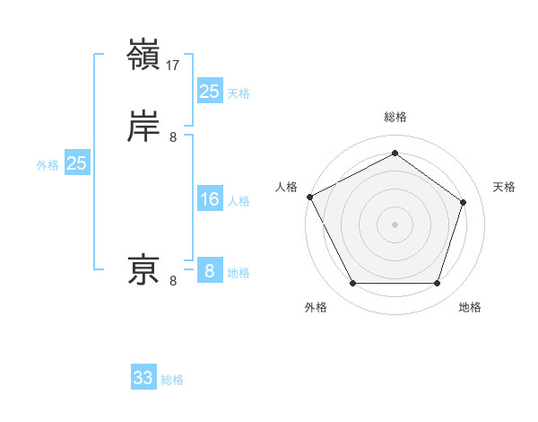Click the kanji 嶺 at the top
point(144,55)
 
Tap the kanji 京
point(144,268)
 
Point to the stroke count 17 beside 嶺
point(173,66)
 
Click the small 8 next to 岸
point(173,137)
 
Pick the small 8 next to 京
point(173,282)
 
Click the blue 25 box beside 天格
point(209,91)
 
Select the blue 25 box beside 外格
point(77,163)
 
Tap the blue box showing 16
point(209,199)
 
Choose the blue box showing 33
point(143,378)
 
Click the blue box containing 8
point(209,270)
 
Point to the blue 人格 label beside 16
point(239,201)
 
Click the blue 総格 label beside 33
point(172,380)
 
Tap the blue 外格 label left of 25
point(48,165)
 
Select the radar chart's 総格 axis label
point(395,117)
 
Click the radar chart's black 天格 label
point(504,187)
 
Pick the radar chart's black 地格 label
point(470,307)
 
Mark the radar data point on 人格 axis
point(309,197)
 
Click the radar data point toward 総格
point(395,154)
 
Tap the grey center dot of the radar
point(395,224)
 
